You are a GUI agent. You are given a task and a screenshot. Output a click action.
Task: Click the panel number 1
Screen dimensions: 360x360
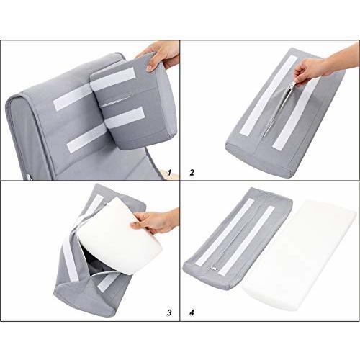[x=170, y=173]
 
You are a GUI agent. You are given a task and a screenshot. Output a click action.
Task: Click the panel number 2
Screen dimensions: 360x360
[x=192, y=173]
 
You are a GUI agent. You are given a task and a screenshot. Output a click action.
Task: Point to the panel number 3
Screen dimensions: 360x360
[x=169, y=312]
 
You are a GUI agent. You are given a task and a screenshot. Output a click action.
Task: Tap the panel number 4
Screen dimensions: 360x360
[x=192, y=312]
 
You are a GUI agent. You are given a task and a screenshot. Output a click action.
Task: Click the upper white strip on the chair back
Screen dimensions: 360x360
[x=73, y=97]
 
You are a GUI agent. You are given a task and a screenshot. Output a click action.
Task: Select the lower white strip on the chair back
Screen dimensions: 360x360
[x=87, y=138]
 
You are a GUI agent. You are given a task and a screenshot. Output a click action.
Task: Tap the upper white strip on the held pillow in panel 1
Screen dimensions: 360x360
[x=113, y=79]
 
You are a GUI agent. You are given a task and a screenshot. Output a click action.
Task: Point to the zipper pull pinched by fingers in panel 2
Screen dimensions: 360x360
[x=293, y=84]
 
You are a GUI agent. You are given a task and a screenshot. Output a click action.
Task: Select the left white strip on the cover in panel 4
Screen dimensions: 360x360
[x=225, y=232]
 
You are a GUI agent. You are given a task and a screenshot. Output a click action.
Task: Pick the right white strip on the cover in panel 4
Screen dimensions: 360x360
[x=247, y=240]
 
